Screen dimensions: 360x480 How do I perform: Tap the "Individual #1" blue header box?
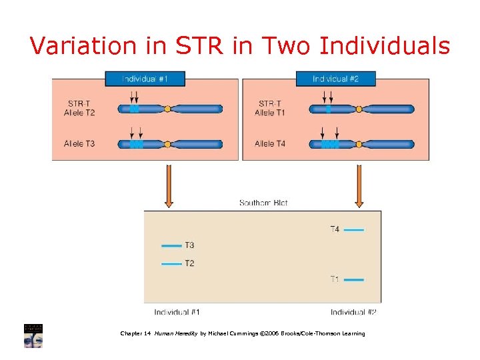point(145,79)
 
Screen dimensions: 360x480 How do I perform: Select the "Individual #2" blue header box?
point(335,79)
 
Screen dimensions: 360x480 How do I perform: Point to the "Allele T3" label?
point(80,143)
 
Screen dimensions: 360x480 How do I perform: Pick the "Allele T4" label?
point(270,143)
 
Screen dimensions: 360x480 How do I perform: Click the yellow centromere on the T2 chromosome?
point(168,108)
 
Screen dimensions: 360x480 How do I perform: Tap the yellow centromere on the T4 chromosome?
point(359,143)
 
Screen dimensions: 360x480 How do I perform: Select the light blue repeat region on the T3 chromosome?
point(136,143)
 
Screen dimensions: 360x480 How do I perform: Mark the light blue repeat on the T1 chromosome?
point(328,109)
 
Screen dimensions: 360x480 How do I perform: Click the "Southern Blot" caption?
point(263,203)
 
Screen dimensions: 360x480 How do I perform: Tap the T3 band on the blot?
point(171,245)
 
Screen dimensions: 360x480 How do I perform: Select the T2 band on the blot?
point(171,263)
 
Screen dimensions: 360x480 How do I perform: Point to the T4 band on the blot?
point(354,230)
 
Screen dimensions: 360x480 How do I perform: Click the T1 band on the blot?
point(354,279)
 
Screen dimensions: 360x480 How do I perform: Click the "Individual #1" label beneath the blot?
point(177,312)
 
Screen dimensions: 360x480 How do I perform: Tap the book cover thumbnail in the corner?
point(33,335)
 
